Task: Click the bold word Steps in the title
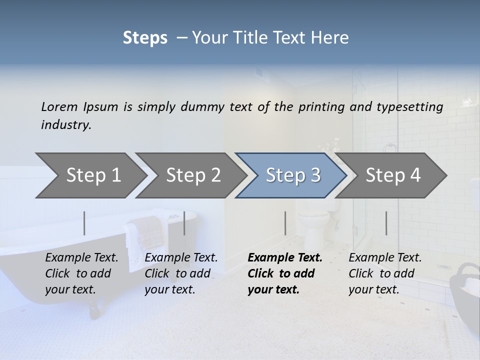pos(145,38)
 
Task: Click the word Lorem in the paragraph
pos(59,106)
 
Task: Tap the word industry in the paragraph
pos(66,124)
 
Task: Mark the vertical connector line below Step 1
pos(84,223)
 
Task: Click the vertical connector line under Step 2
pos(184,223)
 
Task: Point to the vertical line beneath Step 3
pos(285,223)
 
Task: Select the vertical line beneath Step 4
pos(386,223)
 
